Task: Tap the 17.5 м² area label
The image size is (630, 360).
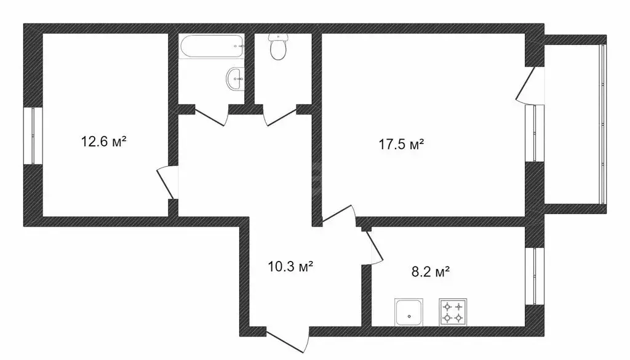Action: coord(401,145)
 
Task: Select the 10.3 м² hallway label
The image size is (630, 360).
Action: coord(291,266)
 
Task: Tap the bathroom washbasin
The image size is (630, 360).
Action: coord(235,79)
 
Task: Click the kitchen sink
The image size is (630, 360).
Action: coord(409,312)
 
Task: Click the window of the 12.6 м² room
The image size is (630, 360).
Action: coord(33,136)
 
